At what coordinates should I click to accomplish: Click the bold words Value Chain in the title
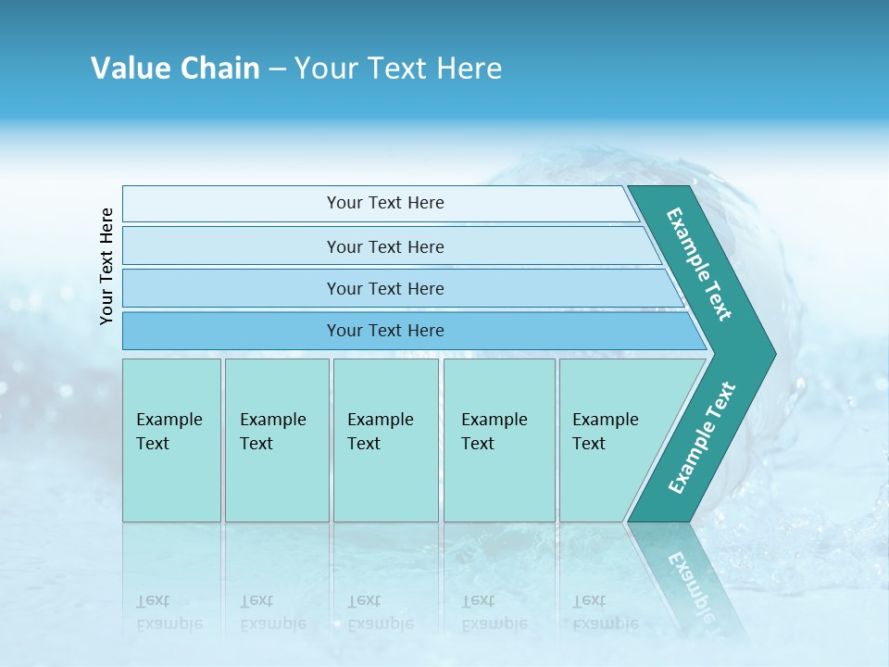pyautogui.click(x=175, y=69)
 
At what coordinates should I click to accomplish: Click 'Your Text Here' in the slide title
pyautogui.click(x=398, y=69)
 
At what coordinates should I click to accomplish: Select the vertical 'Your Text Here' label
pyautogui.click(x=106, y=266)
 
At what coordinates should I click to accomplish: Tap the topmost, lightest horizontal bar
pyautogui.click(x=385, y=203)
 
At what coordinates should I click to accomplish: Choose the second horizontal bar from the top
pyautogui.click(x=385, y=246)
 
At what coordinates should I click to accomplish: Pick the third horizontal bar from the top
pyautogui.click(x=385, y=288)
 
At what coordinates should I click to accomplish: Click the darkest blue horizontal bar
pyautogui.click(x=385, y=331)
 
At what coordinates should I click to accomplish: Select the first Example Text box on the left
pyautogui.click(x=171, y=440)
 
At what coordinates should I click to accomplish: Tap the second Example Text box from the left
pyautogui.click(x=276, y=440)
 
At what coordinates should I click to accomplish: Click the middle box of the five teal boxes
pyautogui.click(x=385, y=440)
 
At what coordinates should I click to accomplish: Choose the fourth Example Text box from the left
pyautogui.click(x=498, y=440)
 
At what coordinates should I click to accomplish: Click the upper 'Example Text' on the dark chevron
pyautogui.click(x=699, y=264)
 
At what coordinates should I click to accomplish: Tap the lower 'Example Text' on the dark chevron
pyautogui.click(x=701, y=437)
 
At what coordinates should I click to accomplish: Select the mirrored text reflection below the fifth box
pyautogui.click(x=606, y=612)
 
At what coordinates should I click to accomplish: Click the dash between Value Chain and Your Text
pyautogui.click(x=277, y=69)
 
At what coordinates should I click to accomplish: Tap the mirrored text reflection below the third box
pyautogui.click(x=380, y=612)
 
